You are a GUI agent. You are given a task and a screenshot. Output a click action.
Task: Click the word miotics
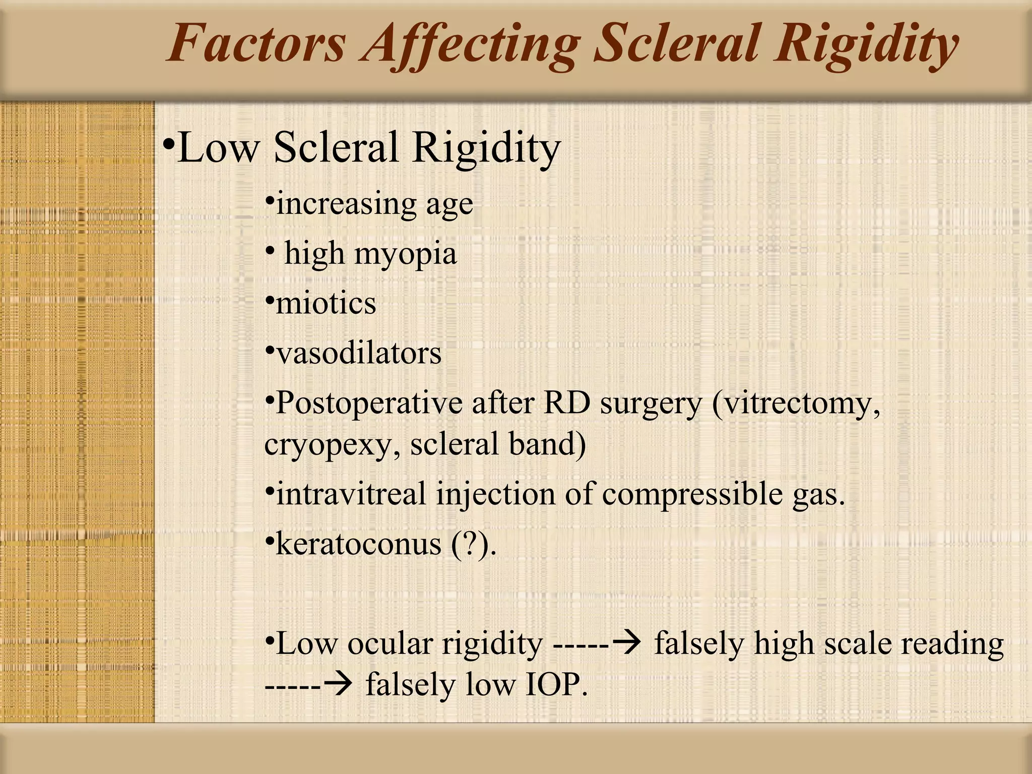[326, 303]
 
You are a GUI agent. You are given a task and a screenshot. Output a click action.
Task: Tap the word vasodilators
[358, 353]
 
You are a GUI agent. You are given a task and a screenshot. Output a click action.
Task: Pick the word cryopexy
[332, 445]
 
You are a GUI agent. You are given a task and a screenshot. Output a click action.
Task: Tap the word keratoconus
[358, 544]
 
